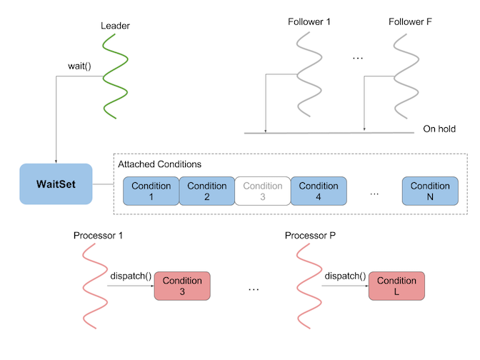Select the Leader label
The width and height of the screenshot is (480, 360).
115,26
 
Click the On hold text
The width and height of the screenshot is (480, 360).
439,129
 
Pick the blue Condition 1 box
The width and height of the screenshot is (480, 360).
151,191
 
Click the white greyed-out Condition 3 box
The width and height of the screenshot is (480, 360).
262,191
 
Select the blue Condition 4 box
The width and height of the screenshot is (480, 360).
319,191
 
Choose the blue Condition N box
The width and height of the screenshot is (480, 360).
430,191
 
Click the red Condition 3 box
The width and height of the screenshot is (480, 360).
182,286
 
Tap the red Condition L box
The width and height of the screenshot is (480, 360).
396,286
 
